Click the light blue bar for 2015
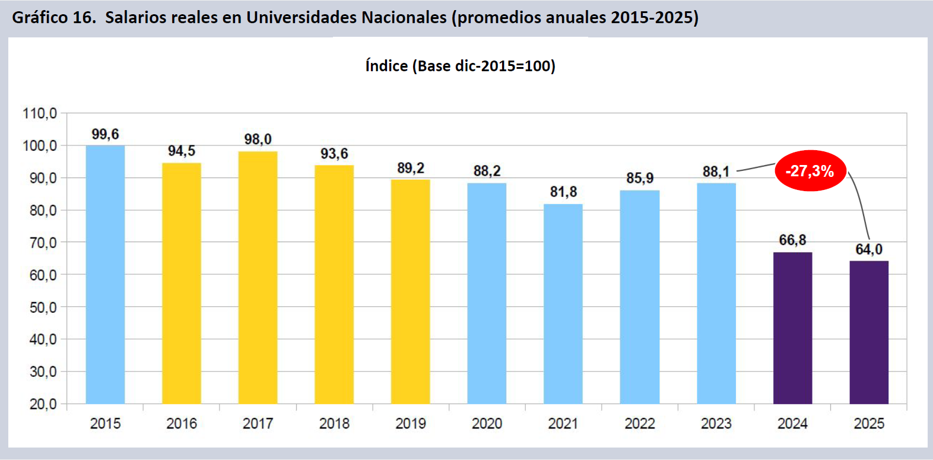pyautogui.click(x=105, y=274)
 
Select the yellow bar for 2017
pyautogui.click(x=258, y=277)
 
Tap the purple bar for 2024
pyautogui.click(x=792, y=328)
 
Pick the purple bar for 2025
pyautogui.click(x=869, y=332)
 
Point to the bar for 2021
pyautogui.click(x=563, y=303)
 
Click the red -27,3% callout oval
pyautogui.click(x=810, y=171)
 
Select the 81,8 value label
pyautogui.click(x=563, y=192)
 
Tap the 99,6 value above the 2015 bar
pyautogui.click(x=105, y=134)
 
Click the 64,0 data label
pyautogui.click(x=869, y=249)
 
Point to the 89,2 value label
pyautogui.click(x=411, y=168)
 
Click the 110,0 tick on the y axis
pyautogui.click(x=40, y=113)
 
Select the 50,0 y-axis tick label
pyautogui.click(x=43, y=307)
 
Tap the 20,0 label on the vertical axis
pyautogui.click(x=43, y=404)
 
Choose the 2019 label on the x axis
pyautogui.click(x=411, y=423)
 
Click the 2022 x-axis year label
pyautogui.click(x=640, y=423)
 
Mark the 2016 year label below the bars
pyautogui.click(x=182, y=423)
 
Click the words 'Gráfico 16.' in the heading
pyautogui.click(x=54, y=17)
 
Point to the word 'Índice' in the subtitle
pyautogui.click(x=386, y=65)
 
